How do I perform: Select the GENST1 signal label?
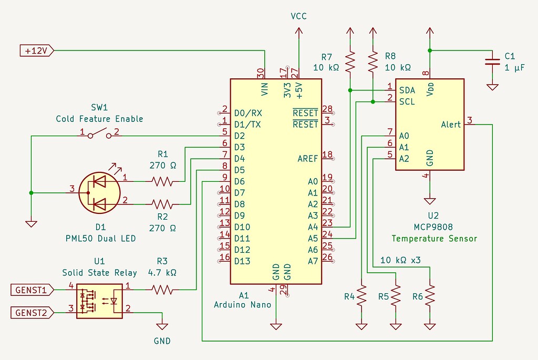pyautogui.click(x=31, y=289)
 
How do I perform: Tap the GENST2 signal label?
pyautogui.click(x=31, y=313)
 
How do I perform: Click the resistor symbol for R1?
pyautogui.click(x=162, y=181)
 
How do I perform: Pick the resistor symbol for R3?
pyautogui.click(x=162, y=289)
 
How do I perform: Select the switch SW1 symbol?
pyautogui.click(x=100, y=135)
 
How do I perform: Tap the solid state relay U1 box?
pyautogui.click(x=99, y=301)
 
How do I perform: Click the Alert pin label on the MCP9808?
pyautogui.click(x=451, y=125)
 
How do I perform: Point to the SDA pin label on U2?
pyautogui.click(x=407, y=90)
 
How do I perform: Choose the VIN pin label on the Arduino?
pyautogui.click(x=265, y=90)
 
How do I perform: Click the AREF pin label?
pyautogui.click(x=307, y=159)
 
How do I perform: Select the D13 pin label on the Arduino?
pyautogui.click(x=242, y=261)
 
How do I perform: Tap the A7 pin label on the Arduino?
pyautogui.click(x=313, y=261)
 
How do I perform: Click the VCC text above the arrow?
pyautogui.click(x=298, y=16)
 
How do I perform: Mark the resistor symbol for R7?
pyautogui.click(x=350, y=62)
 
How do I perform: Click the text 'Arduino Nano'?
pyautogui.click(x=242, y=304)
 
